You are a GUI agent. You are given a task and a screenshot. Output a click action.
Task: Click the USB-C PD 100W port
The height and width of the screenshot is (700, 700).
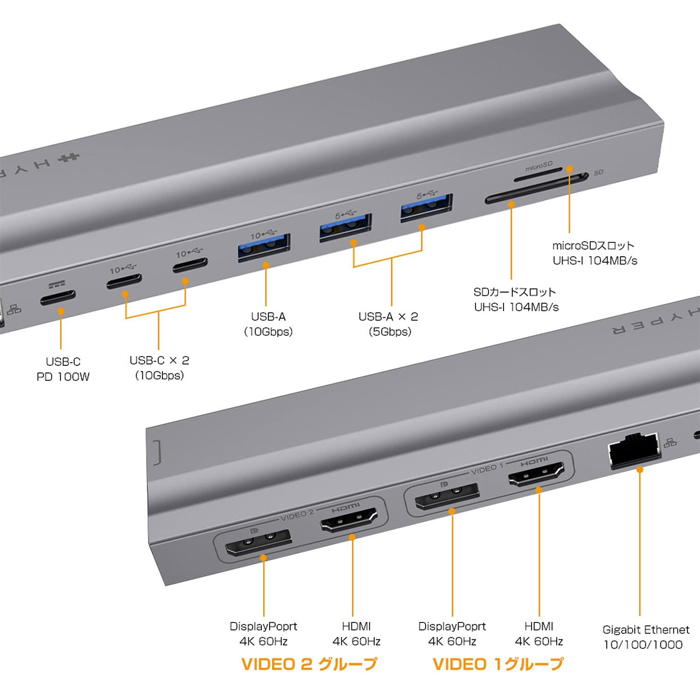(58, 297)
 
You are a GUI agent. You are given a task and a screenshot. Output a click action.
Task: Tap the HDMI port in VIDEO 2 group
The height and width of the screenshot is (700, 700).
(349, 519)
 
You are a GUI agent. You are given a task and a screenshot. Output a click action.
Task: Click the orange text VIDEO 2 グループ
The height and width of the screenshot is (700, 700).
(309, 664)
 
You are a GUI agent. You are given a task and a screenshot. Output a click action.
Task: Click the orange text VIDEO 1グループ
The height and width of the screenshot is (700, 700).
(498, 664)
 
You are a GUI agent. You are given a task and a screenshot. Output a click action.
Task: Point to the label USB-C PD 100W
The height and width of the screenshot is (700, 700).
(63, 369)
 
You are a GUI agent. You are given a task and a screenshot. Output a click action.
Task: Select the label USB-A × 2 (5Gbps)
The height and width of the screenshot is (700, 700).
(388, 324)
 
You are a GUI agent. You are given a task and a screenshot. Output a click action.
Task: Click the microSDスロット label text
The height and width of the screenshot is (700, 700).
(594, 253)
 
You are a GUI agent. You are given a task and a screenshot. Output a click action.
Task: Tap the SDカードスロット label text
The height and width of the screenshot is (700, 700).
(516, 299)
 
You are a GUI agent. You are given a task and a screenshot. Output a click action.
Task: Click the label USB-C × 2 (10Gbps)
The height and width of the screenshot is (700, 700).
(159, 368)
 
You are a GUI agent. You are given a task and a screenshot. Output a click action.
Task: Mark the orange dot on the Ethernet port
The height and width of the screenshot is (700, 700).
(640, 469)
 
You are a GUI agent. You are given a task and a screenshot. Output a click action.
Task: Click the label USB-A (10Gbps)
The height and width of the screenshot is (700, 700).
(268, 324)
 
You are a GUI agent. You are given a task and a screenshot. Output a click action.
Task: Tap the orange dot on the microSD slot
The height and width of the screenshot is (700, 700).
(569, 168)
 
